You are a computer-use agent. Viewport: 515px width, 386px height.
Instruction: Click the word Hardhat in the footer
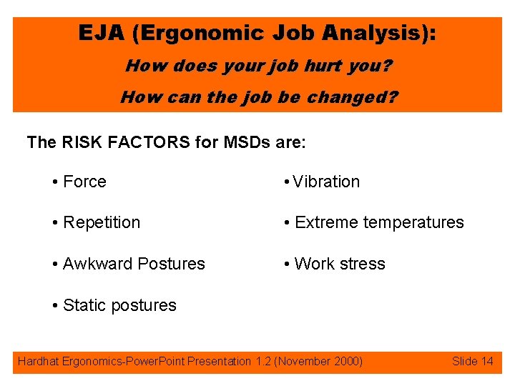pos(38,361)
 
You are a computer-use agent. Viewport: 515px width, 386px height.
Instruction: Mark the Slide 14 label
pos(473,361)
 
